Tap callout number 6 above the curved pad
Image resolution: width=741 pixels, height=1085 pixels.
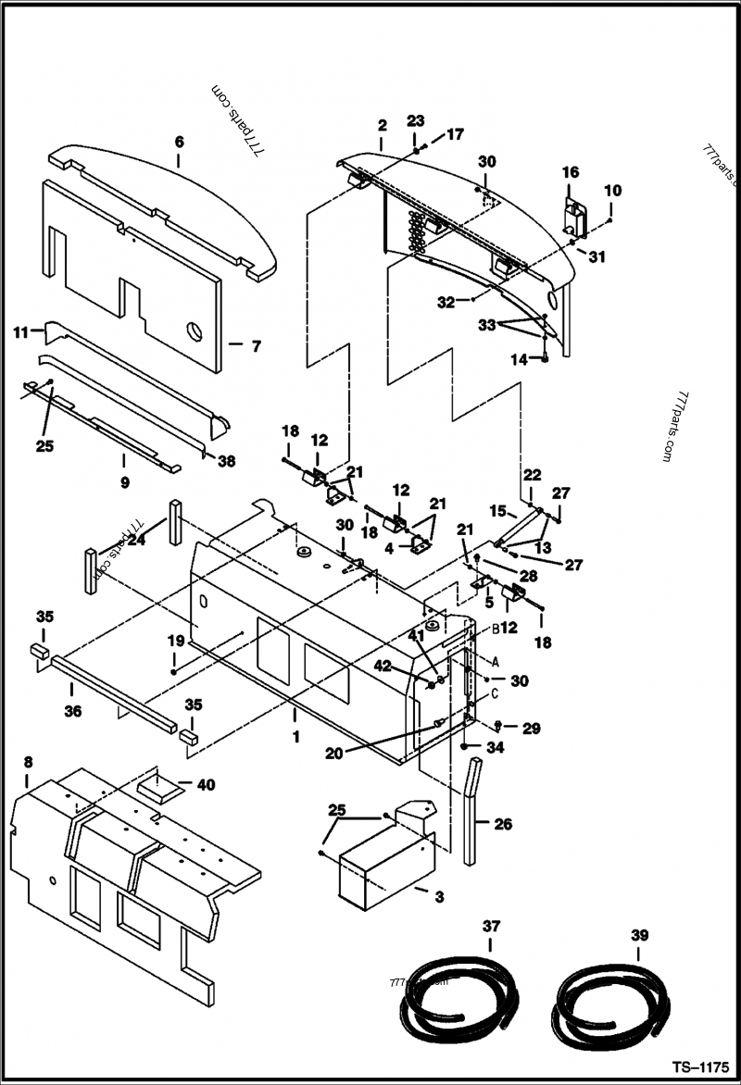pyautogui.click(x=179, y=142)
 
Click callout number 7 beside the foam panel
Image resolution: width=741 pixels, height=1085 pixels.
pyautogui.click(x=257, y=345)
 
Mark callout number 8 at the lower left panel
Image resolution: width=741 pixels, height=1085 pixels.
pyautogui.click(x=28, y=762)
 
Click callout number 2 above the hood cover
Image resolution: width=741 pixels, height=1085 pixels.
pyautogui.click(x=381, y=125)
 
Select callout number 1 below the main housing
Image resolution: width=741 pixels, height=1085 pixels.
pyautogui.click(x=295, y=738)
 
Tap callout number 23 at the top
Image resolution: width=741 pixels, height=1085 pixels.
pyautogui.click(x=416, y=121)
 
